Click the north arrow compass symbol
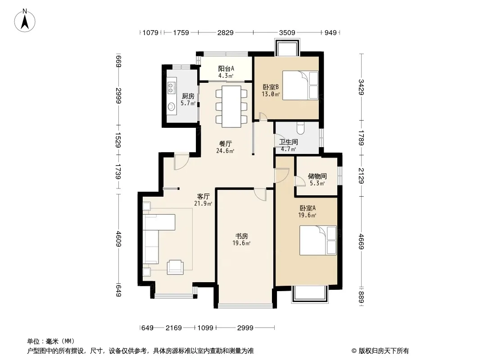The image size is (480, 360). point(25,21)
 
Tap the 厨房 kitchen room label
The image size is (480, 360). point(188,96)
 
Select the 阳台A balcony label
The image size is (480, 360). point(226,69)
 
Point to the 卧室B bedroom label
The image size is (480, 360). point(271,87)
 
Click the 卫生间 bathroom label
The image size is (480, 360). point(288,142)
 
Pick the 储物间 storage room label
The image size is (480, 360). point(317,176)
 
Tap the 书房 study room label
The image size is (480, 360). point(241,236)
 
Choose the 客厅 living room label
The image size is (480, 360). point(203,196)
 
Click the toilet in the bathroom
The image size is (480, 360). point(300,128)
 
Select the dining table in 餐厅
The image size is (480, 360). point(231,107)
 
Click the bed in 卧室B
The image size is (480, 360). point(300,85)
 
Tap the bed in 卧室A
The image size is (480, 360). point(318,240)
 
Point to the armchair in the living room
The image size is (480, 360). point(175,267)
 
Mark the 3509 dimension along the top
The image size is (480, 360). point(287,32)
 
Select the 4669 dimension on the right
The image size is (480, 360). point(361,241)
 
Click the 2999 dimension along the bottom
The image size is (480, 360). point(245,328)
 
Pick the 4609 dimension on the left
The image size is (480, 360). point(119,239)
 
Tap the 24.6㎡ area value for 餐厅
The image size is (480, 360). point(225,151)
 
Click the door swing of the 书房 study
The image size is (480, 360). point(260,195)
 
